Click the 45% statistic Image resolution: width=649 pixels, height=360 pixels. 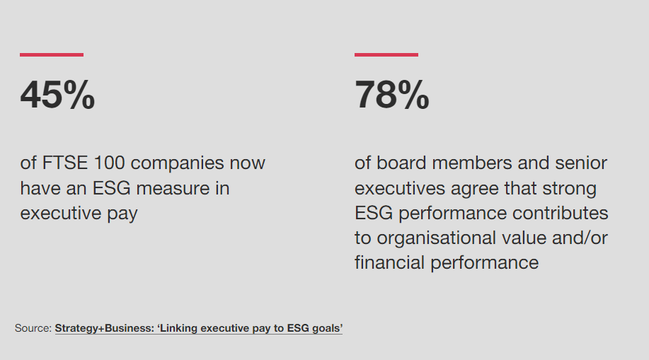[x=57, y=95]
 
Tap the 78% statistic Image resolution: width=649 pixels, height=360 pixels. [x=391, y=95]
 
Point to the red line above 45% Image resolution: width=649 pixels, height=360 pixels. [x=52, y=54]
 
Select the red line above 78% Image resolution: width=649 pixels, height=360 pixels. [x=386, y=54]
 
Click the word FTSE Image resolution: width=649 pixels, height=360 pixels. [x=65, y=163]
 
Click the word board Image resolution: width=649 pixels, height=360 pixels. [x=402, y=163]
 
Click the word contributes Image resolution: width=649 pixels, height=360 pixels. [x=560, y=213]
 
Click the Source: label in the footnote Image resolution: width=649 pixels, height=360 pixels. [x=33, y=328]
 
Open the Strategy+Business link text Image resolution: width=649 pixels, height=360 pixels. [x=101, y=328]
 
